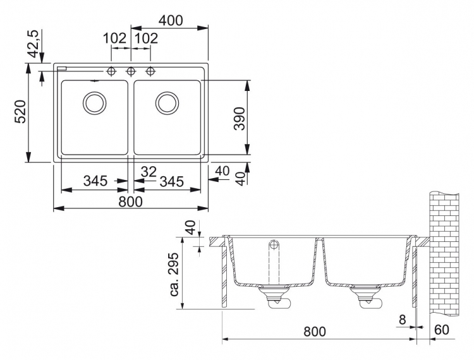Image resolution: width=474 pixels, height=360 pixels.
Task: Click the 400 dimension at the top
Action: [x=171, y=21]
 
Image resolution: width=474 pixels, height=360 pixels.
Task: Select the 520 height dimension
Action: [x=21, y=112]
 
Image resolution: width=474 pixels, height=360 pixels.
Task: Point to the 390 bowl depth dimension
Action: [x=240, y=118]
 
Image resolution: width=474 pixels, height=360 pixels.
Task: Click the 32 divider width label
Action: [x=149, y=172]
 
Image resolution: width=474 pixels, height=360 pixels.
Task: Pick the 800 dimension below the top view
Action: [x=130, y=201]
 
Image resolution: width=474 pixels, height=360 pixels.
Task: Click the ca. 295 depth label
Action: [x=174, y=274]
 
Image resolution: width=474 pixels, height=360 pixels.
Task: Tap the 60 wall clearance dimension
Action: [x=442, y=330]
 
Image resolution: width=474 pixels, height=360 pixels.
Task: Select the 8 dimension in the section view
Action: [x=403, y=320]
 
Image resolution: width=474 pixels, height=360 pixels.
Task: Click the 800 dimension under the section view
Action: [x=315, y=332]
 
